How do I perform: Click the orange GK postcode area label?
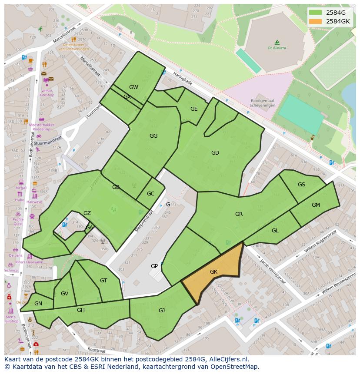213,272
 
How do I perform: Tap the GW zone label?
133,87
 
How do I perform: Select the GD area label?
215,153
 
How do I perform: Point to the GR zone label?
239,214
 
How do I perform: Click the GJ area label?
162,310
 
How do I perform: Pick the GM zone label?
316,205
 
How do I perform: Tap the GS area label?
301,185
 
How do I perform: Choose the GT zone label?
103,281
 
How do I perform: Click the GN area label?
38,304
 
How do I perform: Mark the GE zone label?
194,109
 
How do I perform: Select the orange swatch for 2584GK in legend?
316,21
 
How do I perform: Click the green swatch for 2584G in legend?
316,13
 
